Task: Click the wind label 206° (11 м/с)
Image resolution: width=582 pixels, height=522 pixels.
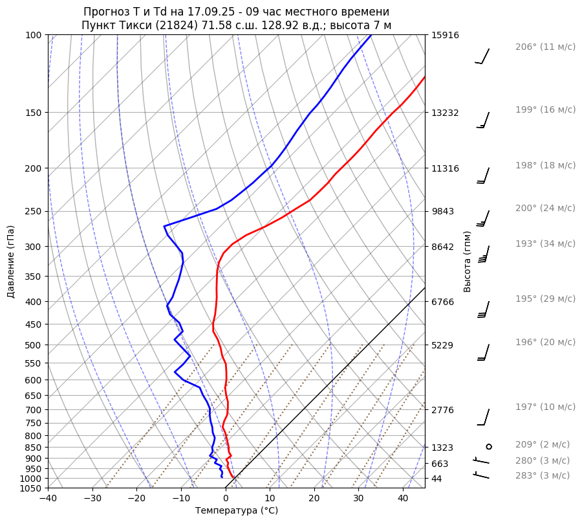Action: tap(545, 47)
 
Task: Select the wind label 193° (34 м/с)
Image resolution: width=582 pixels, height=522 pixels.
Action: tap(545, 244)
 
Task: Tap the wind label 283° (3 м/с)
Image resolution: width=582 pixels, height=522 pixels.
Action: tap(543, 475)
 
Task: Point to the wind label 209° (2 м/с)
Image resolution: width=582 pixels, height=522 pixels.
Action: tap(543, 444)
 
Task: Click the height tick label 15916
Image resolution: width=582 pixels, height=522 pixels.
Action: tap(445, 35)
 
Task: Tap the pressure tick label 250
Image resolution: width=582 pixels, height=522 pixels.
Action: tap(34, 211)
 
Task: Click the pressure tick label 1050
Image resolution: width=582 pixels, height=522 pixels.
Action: tap(31, 488)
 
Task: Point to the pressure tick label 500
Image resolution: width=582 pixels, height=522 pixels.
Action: tap(34, 345)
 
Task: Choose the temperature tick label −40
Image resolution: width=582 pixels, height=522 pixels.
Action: tap(48, 499)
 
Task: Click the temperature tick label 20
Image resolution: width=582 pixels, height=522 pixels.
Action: tap(314, 499)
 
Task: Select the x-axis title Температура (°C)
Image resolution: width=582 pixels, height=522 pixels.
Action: tap(237, 510)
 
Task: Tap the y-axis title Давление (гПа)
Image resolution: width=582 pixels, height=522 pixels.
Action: tap(11, 262)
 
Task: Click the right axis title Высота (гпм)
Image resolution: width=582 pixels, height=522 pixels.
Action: tap(468, 262)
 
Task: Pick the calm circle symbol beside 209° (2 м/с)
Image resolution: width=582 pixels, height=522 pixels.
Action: tap(489, 446)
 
